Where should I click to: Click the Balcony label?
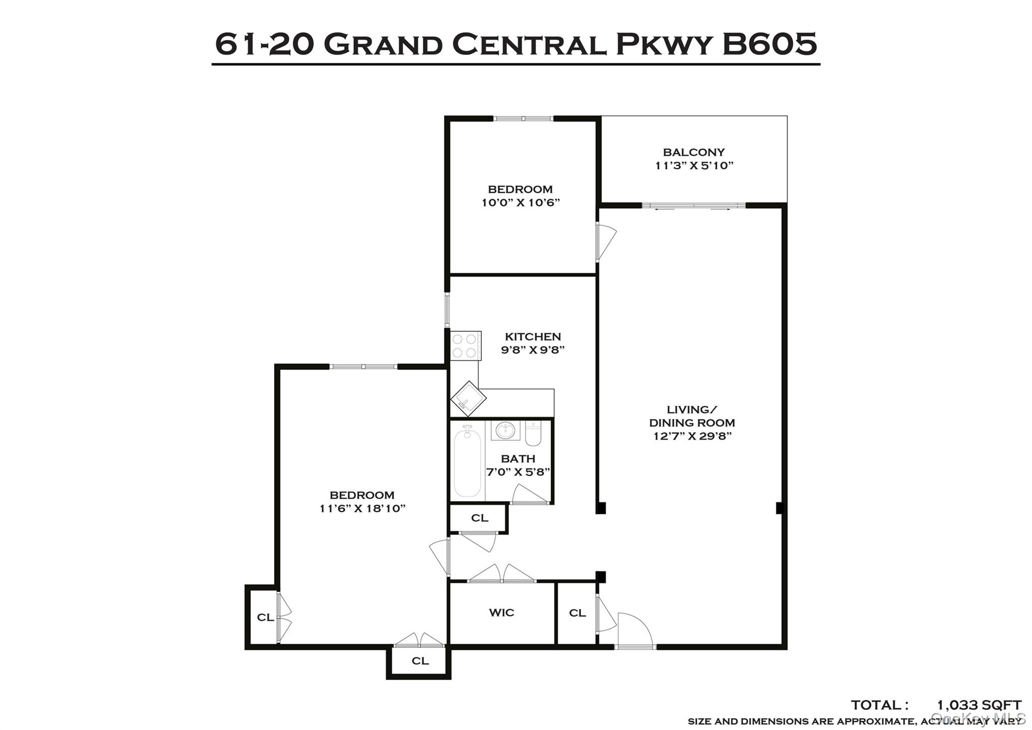693,152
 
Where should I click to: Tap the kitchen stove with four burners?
465,345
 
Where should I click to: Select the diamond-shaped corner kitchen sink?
468,399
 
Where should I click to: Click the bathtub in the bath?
467,461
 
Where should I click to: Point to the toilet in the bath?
533,434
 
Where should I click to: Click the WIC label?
501,613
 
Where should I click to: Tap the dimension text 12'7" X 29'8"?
692,436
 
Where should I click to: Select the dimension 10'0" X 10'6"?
521,203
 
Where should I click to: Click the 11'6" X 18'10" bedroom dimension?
362,508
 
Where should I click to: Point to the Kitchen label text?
533,336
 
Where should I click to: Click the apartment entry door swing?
634,630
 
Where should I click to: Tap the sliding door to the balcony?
693,206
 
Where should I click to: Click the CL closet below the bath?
479,518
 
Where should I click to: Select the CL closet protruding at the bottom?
420,660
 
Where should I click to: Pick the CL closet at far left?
265,617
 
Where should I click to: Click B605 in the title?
769,44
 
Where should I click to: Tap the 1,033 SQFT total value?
979,705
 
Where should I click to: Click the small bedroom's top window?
523,118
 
